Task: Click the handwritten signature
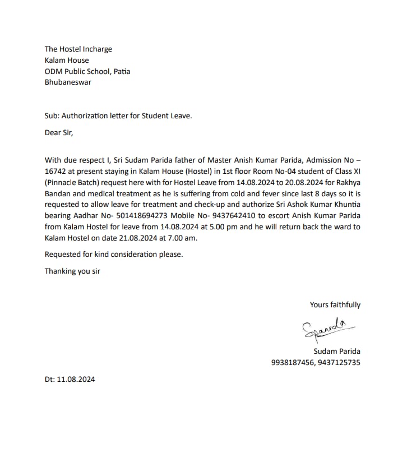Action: click(323, 329)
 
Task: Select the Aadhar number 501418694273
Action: click(129, 216)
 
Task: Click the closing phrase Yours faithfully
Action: click(335, 304)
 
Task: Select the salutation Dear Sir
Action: click(59, 133)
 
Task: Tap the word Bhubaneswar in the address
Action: click(68, 82)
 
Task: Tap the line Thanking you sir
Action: click(72, 271)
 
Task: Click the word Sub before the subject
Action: click(52, 116)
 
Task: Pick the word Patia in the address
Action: click(121, 71)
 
